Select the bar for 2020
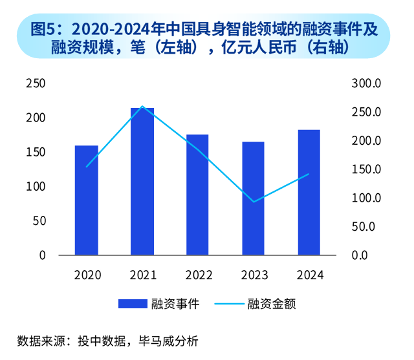(87, 200)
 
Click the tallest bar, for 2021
(142, 181)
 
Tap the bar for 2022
(198, 195)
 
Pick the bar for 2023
(254, 198)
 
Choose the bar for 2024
(309, 192)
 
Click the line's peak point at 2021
(142, 107)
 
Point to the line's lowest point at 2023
(254, 202)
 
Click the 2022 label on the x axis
(198, 275)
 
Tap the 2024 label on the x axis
(309, 275)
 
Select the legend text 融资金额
(271, 304)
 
